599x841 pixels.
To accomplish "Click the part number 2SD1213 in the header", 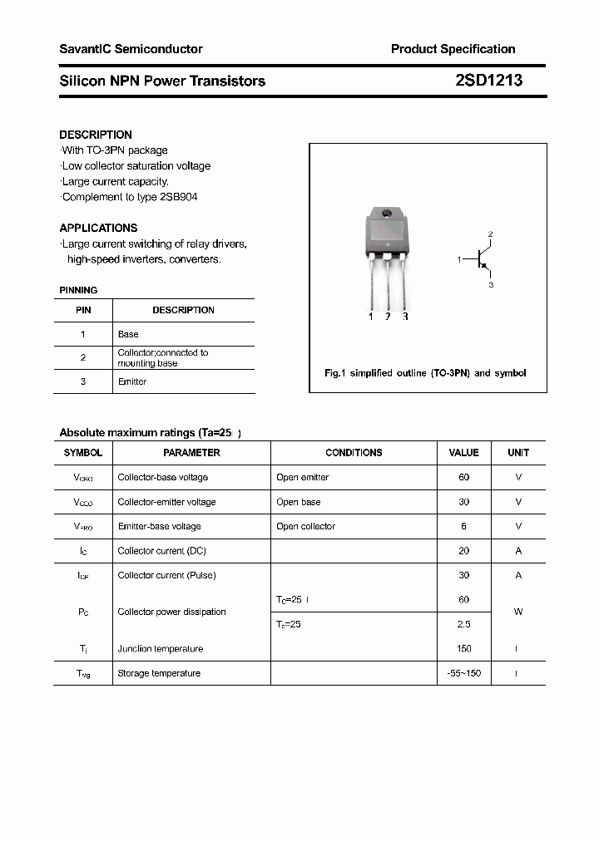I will point(489,81).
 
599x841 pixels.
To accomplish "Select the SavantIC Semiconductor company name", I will point(131,49).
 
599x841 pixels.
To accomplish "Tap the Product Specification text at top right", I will point(453,49).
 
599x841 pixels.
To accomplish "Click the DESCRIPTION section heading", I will point(96,135).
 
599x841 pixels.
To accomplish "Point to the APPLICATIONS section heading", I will point(98,228).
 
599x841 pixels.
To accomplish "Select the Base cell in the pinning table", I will point(128,334).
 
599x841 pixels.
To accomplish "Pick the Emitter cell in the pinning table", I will point(132,381).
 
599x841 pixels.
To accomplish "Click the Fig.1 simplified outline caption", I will point(425,373).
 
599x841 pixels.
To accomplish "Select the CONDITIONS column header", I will point(354,453).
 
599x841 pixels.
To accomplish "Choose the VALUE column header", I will point(463,453).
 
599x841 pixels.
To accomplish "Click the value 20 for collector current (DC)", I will point(463,551).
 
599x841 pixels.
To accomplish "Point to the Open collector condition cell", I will point(305,526).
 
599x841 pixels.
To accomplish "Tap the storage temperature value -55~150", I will point(463,673).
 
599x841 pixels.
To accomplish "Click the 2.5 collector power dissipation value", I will point(463,624).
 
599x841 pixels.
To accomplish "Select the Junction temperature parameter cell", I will point(160,649).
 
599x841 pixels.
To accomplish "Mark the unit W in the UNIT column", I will point(517,612).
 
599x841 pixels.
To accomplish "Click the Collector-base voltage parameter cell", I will point(162,478).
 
